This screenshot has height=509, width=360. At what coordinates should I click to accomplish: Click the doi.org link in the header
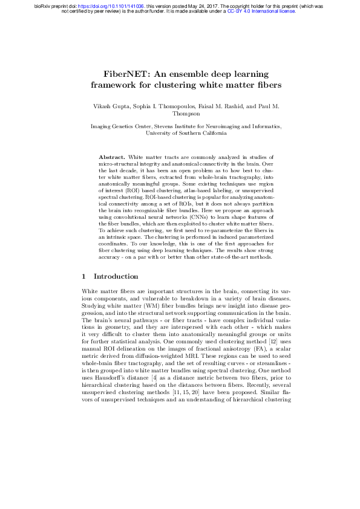click(x=98, y=5)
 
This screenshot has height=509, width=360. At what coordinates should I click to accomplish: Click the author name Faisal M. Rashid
click(x=221, y=106)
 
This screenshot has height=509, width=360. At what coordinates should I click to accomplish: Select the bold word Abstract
click(x=111, y=157)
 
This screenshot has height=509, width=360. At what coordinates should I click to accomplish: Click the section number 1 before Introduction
click(x=83, y=277)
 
